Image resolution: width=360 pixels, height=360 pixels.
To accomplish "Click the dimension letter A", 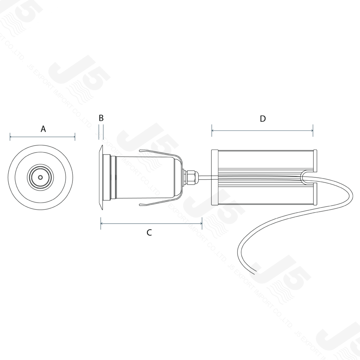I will pos(43,129).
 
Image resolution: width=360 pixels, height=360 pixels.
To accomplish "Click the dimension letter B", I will pos(101,118).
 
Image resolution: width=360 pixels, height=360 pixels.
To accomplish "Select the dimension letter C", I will pos(149,232).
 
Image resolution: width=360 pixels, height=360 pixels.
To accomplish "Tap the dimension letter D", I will pos(263,119).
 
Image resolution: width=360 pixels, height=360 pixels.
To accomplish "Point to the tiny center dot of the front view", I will pos(40,178).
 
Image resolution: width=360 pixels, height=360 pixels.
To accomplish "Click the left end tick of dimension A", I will pos(10,136).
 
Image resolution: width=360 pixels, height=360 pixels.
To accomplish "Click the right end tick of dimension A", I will pos(75,136).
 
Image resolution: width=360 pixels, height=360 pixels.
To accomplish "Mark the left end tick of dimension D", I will pos(212,131).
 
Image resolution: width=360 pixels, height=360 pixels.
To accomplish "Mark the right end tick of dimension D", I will pos(313,131).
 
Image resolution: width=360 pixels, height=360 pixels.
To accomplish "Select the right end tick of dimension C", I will pos(202,223).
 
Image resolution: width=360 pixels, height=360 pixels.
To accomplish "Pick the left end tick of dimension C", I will pos(101,223).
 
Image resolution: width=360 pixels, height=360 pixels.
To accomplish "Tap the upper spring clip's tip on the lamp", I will pos(141,151).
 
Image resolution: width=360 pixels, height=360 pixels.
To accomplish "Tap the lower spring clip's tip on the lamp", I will pos(141,205).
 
